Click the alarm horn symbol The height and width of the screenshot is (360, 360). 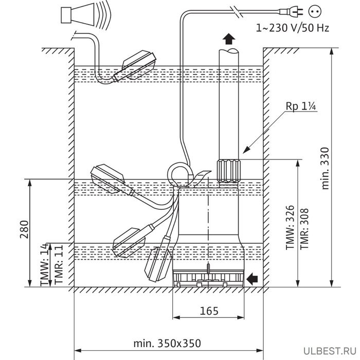tap(84, 15)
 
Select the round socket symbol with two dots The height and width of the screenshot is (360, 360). tap(315, 11)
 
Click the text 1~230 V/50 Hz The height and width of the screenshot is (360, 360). tap(292, 28)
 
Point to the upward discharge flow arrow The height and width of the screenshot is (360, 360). tap(229, 39)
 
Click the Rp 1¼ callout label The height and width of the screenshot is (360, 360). tap(301, 106)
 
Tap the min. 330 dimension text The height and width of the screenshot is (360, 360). tap(325, 168)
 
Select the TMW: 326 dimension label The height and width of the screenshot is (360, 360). tap(290, 227)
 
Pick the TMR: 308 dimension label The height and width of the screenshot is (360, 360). tap(304, 228)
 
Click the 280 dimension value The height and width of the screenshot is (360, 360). tap(24, 229)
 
